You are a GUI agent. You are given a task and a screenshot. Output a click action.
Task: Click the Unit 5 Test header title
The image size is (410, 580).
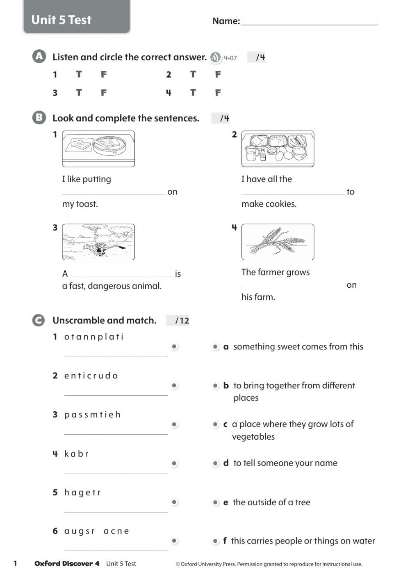[61, 20]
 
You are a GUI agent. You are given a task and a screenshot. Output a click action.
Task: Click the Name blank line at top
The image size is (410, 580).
[309, 23]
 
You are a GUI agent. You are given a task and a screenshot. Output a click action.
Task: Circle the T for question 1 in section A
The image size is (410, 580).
[79, 74]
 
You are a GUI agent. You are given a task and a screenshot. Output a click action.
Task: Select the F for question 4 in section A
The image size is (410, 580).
[218, 93]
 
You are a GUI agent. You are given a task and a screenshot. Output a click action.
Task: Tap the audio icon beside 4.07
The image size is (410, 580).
[215, 57]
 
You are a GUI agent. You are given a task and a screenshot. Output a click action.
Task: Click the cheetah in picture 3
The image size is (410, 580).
[98, 248]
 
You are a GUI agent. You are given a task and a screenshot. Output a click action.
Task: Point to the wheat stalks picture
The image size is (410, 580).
[278, 242]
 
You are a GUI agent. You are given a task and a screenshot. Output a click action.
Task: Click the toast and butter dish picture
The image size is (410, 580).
[98, 148]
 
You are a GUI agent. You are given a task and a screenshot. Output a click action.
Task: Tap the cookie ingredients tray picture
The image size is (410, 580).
[278, 149]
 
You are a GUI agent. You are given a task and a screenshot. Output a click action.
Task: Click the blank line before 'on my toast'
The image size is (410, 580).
[114, 192]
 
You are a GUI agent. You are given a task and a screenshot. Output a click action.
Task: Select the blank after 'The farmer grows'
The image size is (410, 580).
[293, 285]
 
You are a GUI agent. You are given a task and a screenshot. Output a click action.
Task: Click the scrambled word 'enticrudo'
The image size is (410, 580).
[91, 376]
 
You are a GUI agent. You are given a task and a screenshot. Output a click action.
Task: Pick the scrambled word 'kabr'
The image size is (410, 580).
[76, 454]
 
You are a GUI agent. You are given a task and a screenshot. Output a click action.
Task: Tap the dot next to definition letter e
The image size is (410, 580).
[215, 502]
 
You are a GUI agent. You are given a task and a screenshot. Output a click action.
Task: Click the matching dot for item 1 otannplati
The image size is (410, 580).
[174, 346]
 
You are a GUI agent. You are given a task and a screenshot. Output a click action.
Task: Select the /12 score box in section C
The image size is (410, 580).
[178, 321]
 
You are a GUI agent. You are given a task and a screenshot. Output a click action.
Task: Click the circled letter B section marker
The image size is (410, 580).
[39, 118]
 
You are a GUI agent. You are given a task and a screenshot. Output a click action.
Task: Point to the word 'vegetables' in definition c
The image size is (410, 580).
[253, 437]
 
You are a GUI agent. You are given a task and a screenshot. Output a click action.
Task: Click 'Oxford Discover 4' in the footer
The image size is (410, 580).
[67, 564]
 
